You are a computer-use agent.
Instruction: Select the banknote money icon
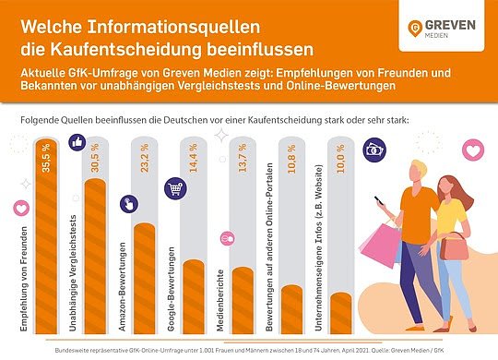(x=373, y=148)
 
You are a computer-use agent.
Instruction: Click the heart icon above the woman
(x=473, y=149)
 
